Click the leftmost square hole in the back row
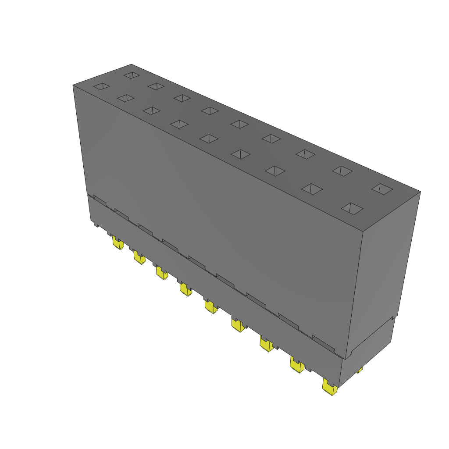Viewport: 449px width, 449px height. tap(131, 75)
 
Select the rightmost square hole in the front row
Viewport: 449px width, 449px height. tap(352, 209)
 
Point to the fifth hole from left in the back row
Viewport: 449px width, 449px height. tap(240, 124)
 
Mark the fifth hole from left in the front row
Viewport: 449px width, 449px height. tap(209, 139)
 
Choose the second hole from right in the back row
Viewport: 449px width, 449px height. tap(342, 171)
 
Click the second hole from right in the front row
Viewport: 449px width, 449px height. tap(312, 189)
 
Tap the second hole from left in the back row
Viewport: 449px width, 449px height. tap(156, 86)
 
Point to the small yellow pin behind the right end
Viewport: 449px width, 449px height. tap(360, 371)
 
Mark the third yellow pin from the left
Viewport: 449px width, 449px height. tap(161, 273)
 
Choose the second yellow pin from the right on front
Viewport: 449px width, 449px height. tap(296, 364)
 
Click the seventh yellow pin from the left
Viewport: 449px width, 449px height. tap(266, 343)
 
